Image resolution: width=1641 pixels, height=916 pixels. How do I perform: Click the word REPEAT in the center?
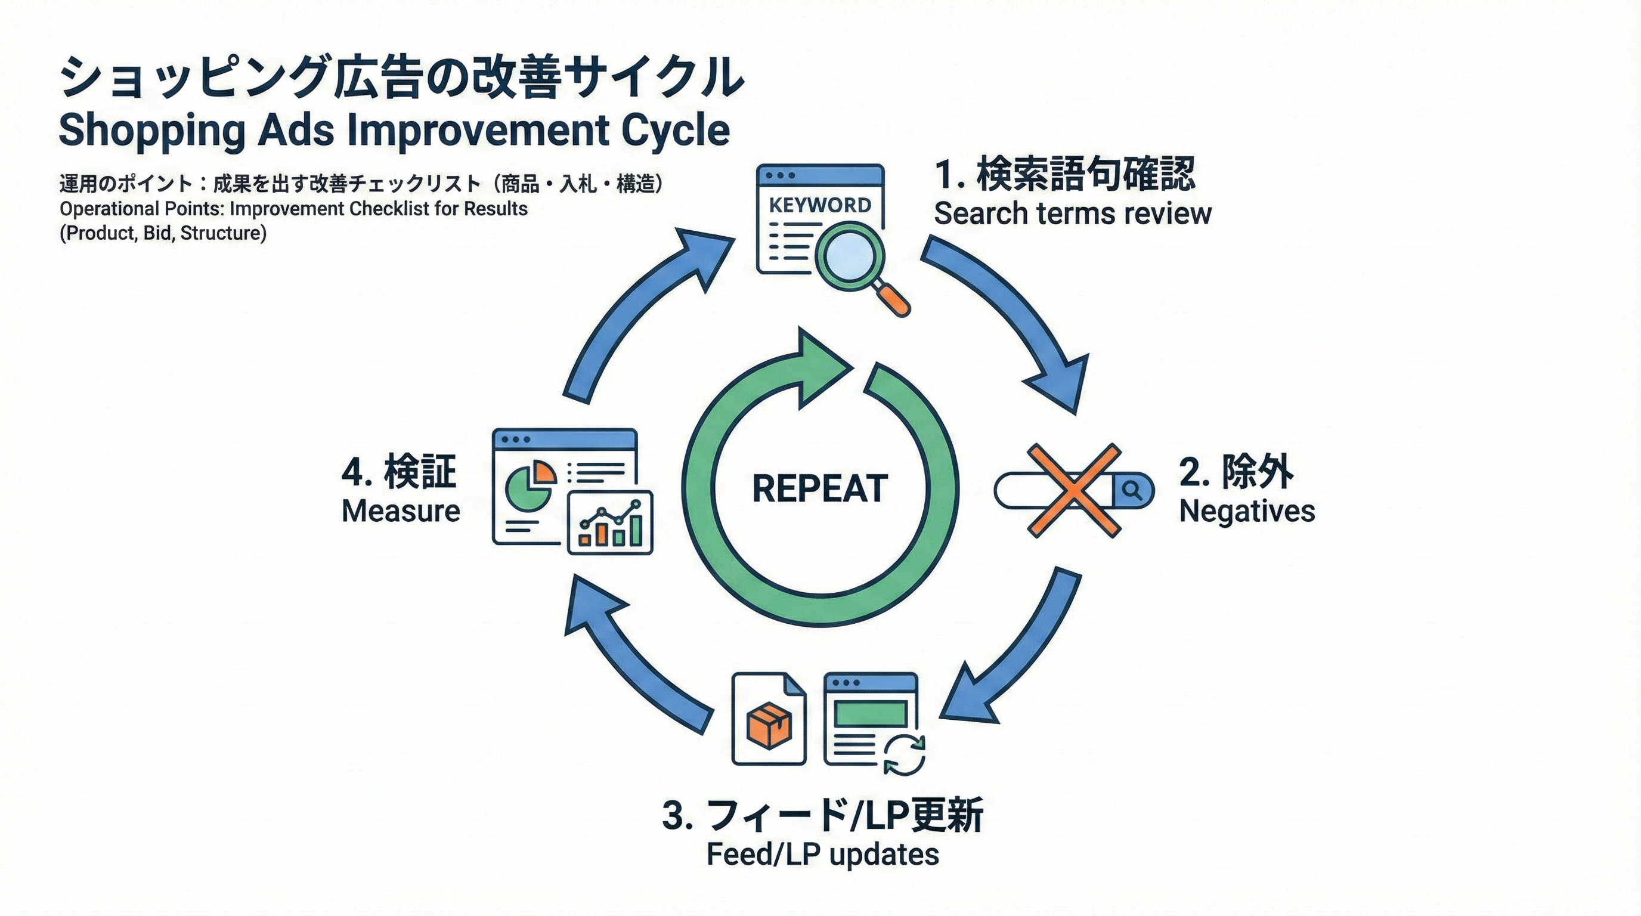(820, 489)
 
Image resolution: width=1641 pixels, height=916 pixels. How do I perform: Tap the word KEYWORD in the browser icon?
(820, 205)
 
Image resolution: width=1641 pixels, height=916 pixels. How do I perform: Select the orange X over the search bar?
(1074, 490)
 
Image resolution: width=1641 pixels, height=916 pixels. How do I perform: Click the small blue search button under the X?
(1132, 490)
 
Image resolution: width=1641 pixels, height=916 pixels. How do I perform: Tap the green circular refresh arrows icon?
(904, 754)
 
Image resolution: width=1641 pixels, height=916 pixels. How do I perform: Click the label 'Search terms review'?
(1072, 213)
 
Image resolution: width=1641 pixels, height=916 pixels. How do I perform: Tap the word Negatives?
(1247, 512)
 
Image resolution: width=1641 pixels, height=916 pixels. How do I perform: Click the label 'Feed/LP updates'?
(822, 855)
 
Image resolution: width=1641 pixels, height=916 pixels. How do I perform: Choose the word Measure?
(401, 512)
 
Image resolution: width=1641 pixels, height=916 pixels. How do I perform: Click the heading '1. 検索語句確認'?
(1064, 174)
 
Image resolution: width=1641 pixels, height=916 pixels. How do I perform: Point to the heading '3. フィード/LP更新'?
(822, 815)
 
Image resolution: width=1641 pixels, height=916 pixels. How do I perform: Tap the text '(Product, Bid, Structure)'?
(163, 233)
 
